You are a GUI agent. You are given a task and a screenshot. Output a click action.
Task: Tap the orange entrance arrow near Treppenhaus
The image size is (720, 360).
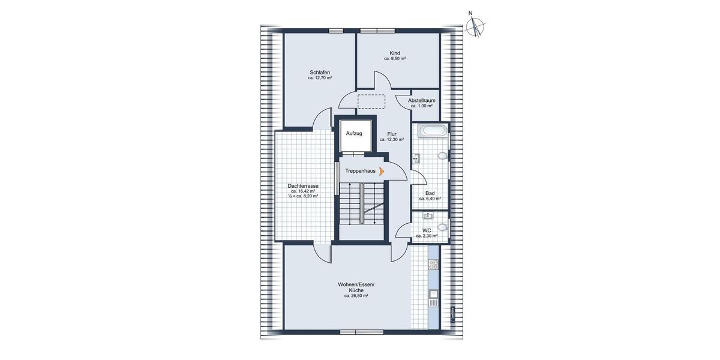coord(382,171)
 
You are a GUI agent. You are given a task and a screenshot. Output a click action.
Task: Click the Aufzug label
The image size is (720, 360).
coord(354,133)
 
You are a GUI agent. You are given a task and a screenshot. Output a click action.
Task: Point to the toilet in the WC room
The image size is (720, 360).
coord(443,227)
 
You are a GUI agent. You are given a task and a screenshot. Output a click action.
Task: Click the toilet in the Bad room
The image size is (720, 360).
coord(443,155)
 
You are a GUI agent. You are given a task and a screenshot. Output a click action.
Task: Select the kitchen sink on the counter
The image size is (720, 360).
coord(433,294)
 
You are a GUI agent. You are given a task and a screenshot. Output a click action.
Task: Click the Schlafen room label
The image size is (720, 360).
coord(320,72)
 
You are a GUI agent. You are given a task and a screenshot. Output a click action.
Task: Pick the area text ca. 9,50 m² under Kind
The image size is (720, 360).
coord(395,59)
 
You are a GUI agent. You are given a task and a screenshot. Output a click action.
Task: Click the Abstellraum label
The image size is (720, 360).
coord(422,100)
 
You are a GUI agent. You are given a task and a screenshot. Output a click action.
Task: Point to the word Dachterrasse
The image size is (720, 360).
coord(303,186)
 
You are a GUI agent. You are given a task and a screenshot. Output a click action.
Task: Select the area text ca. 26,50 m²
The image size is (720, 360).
coord(356,296)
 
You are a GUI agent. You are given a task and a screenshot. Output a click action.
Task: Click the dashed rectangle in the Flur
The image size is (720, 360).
coord(371,101)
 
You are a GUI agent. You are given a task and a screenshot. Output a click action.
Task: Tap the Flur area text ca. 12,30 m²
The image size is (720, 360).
coord(392,139)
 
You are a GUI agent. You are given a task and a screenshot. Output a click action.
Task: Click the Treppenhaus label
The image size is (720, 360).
coord(360,171)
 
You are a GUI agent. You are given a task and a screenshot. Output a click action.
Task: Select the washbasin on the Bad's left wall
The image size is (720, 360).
coord(416,158)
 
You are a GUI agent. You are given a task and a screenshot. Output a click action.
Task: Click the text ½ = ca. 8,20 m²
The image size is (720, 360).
coord(303,196)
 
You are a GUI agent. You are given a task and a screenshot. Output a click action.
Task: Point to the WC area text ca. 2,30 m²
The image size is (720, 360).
coord(427,236)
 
